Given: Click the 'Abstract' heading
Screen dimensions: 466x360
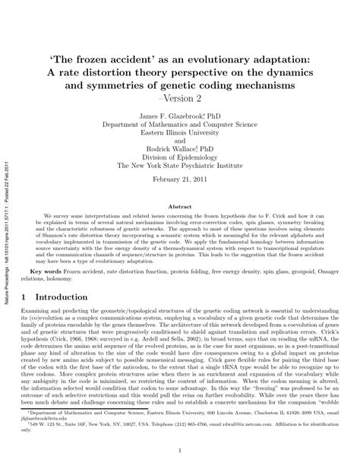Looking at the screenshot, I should coord(180,206).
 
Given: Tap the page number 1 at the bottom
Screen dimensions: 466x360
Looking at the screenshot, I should coord(180,452).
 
